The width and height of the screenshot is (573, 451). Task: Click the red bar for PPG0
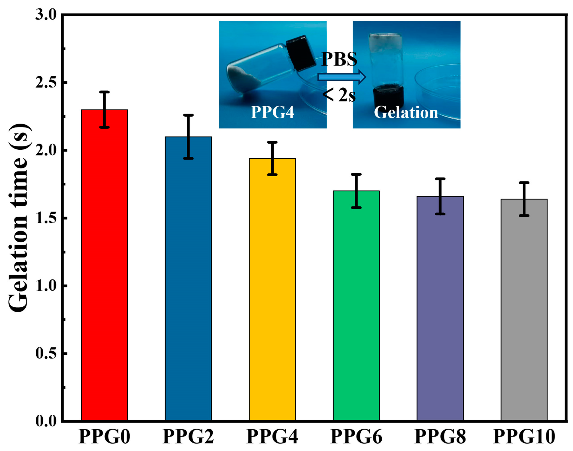pos(104,264)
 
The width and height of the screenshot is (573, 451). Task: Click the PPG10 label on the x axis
pos(524,437)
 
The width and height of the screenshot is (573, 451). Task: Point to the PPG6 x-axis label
pos(356,437)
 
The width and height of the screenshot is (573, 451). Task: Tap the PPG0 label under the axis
pos(104,437)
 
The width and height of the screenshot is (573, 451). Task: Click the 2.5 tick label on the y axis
pos(46,82)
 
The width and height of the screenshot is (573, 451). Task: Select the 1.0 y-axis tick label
pos(46,286)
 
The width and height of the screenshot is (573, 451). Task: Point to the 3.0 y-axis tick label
pos(46,15)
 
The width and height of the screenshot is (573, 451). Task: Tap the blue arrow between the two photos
pos(341,77)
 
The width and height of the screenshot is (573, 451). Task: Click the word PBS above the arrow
pos(339,59)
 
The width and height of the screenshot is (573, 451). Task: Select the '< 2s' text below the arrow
pos(339,95)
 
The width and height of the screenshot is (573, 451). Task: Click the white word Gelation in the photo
pos(406,113)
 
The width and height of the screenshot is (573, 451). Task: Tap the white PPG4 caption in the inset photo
pos(272,112)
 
